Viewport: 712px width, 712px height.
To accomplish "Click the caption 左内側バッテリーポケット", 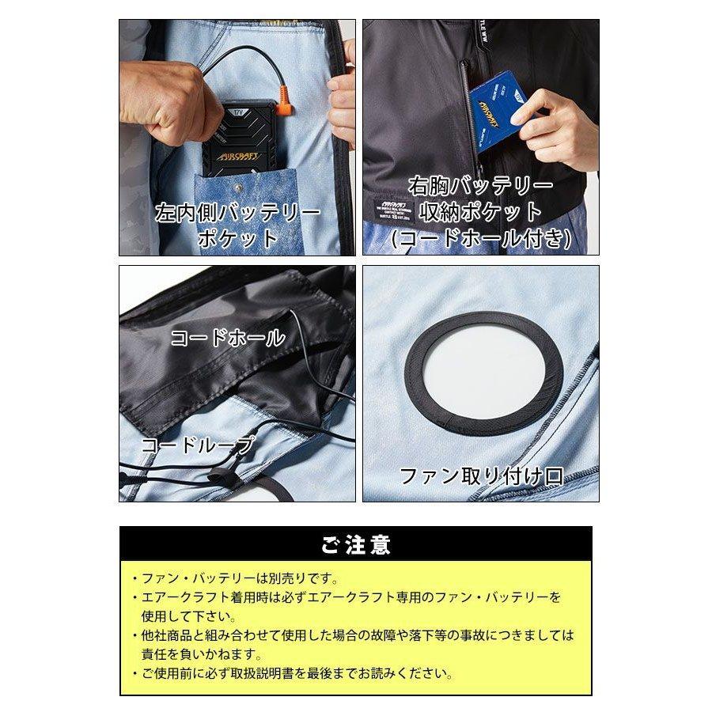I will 237,225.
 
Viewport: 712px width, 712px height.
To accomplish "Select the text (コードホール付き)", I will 481,237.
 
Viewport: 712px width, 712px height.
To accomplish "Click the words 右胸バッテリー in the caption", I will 480,187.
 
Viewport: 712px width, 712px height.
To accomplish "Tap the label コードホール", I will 228,339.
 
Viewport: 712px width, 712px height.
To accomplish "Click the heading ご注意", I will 355,544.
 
